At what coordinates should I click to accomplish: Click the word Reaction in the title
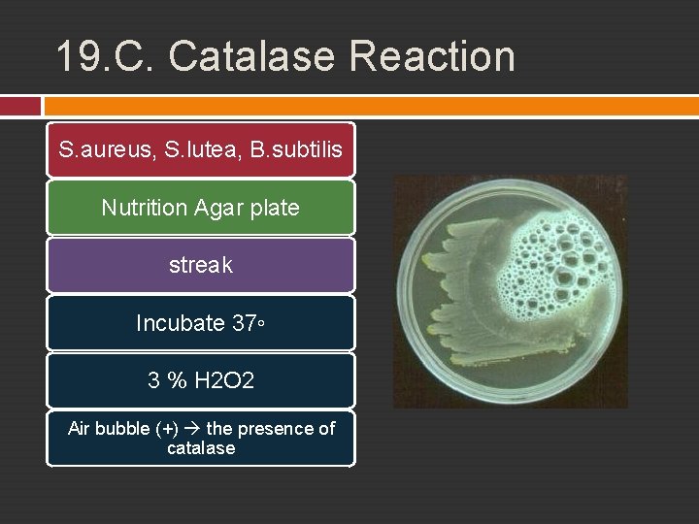tap(432, 56)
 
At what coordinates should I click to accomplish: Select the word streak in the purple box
tap(200, 265)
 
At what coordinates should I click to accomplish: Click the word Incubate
tap(180, 323)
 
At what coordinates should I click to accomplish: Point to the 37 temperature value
tap(244, 323)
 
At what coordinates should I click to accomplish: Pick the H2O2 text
tap(224, 380)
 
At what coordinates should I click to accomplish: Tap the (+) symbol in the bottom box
tap(166, 429)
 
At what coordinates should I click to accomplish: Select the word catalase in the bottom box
tap(201, 448)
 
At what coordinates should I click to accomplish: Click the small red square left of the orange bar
tap(20, 105)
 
